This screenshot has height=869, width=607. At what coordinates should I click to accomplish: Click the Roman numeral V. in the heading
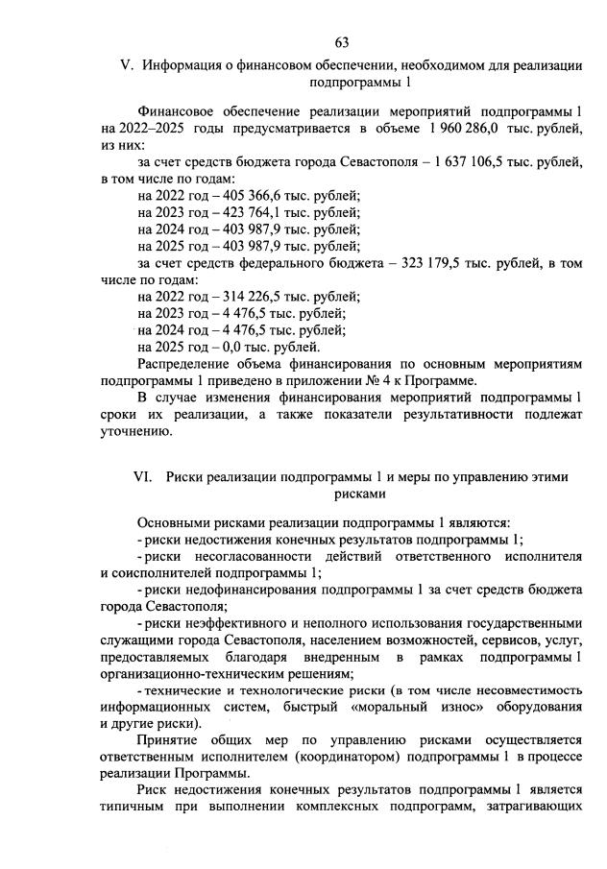click(124, 65)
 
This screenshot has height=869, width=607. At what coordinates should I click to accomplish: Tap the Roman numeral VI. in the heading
click(143, 477)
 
